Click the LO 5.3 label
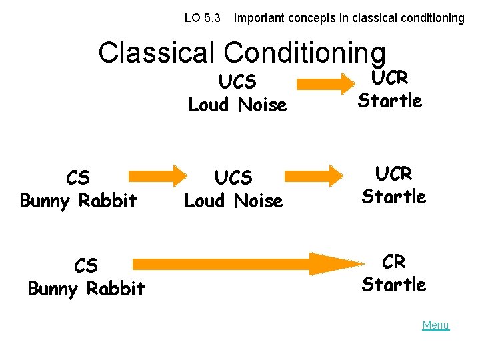point(202,18)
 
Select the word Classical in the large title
point(157,53)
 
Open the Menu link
point(435,325)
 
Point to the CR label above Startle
point(394,261)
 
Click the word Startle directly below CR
point(394,285)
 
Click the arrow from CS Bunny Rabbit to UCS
point(158,175)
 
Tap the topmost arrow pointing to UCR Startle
point(327,83)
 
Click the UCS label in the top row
point(237,81)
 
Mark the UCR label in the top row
point(390,77)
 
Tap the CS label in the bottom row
point(86,265)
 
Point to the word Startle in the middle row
point(394,197)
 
